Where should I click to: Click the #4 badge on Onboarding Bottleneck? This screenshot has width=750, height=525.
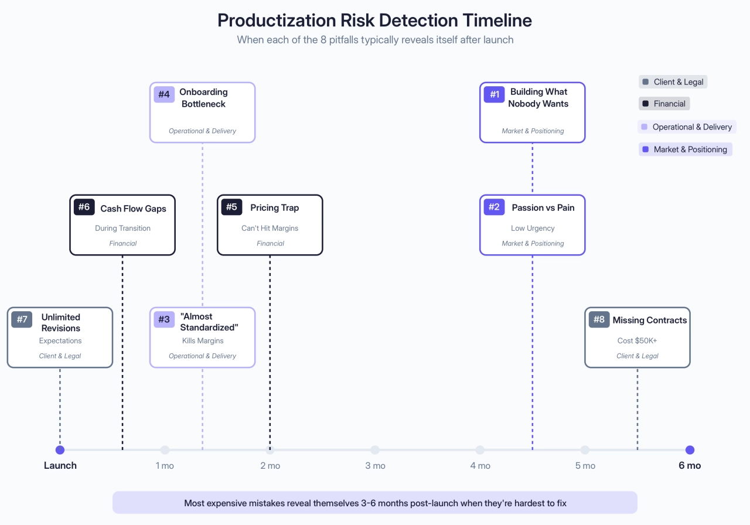pos(164,94)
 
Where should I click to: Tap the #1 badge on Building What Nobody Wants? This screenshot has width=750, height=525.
pos(494,94)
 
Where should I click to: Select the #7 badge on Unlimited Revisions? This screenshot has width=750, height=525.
pos(22,319)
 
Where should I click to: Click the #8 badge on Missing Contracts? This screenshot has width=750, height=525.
pos(599,319)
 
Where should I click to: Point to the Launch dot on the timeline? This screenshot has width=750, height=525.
pos(60,450)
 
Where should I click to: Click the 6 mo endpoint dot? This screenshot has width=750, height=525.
pos(690,450)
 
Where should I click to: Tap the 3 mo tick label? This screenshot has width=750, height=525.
pos(375,466)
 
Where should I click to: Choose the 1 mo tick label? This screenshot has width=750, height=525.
pos(165,466)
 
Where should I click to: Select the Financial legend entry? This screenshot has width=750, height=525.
pos(664,104)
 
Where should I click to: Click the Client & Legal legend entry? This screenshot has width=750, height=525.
pos(673,82)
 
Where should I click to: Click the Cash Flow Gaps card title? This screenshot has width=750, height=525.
pos(133,209)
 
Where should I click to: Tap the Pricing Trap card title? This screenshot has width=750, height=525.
pos(274,207)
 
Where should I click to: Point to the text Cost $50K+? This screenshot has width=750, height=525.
pos(637,340)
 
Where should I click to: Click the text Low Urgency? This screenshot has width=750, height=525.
pos(532,228)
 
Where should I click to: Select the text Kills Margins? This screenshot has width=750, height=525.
pos(203,340)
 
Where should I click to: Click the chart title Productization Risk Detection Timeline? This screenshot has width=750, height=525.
pos(374,20)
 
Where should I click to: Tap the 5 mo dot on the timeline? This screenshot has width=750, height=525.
pos(585,450)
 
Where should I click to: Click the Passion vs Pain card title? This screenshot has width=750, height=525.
pos(543,207)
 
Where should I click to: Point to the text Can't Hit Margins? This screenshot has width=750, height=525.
pos(270,228)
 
